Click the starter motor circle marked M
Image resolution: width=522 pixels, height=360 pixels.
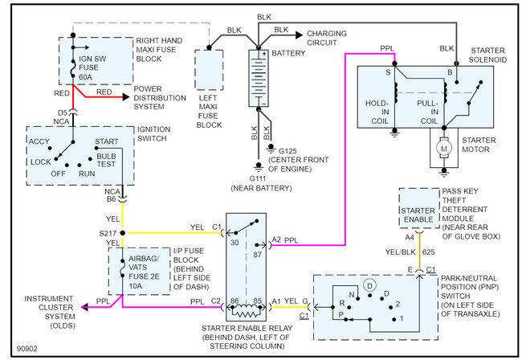(x=442, y=149)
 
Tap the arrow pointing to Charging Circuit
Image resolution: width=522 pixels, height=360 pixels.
(x=298, y=34)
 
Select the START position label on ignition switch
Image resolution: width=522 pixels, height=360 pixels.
(x=107, y=141)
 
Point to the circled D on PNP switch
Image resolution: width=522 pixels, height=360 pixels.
(x=369, y=285)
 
